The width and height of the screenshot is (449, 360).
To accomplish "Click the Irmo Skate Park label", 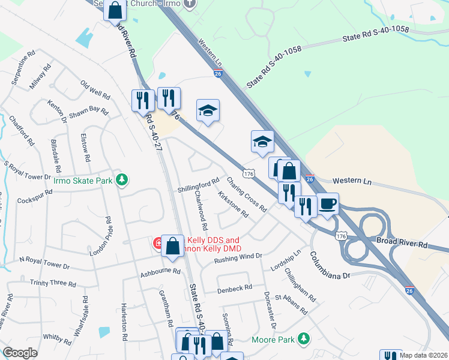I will (83, 180).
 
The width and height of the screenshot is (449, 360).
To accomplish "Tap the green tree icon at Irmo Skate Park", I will (122, 179).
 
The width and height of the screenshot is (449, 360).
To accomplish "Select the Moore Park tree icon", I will (304, 339).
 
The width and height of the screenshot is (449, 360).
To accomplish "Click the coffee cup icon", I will (328, 203).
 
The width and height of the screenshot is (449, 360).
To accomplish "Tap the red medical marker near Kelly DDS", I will (158, 244).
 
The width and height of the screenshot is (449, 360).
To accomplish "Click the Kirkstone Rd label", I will (234, 205).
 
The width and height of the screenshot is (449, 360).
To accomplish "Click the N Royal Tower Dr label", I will (45, 262).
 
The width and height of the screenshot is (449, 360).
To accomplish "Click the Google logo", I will (20, 353).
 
